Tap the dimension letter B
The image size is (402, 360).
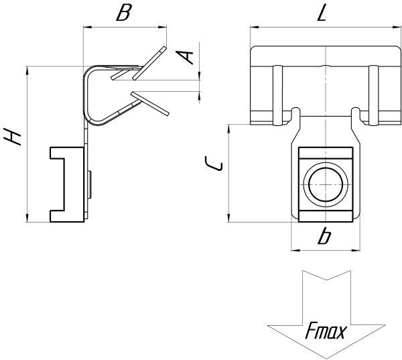click(x=122, y=13)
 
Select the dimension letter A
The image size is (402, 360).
click(x=189, y=56)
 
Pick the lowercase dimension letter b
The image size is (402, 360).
click(x=324, y=236)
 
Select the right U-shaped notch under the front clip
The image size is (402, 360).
click(x=356, y=116)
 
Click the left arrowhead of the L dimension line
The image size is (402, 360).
click(x=253, y=27)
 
